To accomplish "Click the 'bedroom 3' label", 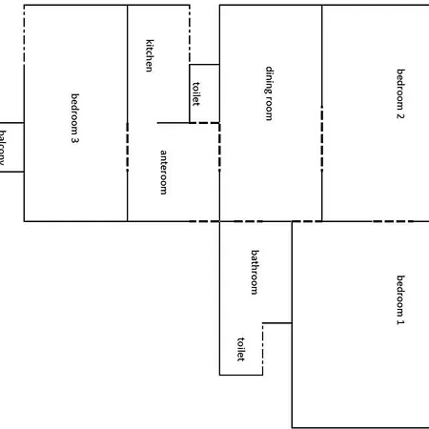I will [x=74, y=117].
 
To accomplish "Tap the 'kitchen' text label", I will [x=149, y=54].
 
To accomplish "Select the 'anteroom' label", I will [x=163, y=172].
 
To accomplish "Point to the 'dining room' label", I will [x=270, y=92].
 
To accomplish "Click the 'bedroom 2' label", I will [x=401, y=93].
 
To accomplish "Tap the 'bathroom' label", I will [x=255, y=272].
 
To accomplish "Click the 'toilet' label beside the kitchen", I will [x=196, y=93].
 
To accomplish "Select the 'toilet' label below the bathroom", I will [x=240, y=349].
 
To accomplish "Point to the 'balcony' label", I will [x=3, y=148].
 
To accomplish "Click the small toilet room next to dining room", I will [x=204, y=92].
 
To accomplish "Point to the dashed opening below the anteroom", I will [x=204, y=221].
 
